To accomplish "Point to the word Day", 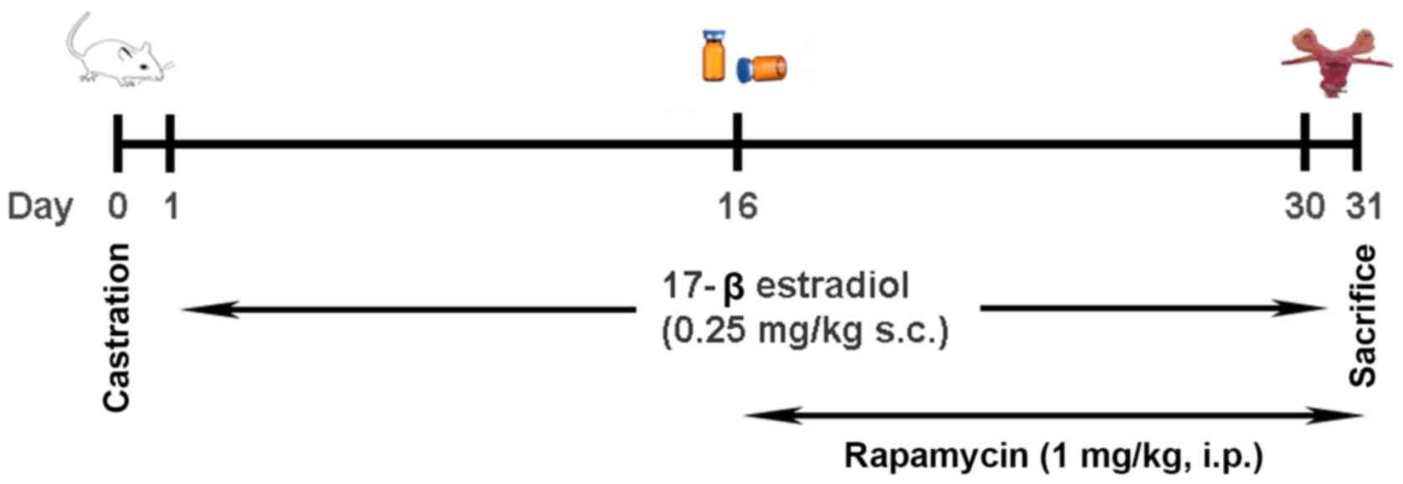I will (x=39, y=207).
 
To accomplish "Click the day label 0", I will (x=118, y=206).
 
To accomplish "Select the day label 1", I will (x=171, y=206).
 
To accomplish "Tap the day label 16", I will (x=737, y=206).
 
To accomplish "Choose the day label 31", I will (x=1363, y=206).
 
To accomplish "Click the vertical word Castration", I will (x=118, y=327).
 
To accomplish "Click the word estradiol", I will (x=832, y=286).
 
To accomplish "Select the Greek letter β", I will (x=733, y=288).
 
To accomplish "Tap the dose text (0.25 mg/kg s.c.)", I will (x=806, y=332).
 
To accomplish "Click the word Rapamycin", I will (x=934, y=457).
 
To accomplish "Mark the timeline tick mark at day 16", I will (x=737, y=143).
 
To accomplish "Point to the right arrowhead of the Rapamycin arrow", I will (x=1349, y=414).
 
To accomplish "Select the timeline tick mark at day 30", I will (x=1305, y=143).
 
